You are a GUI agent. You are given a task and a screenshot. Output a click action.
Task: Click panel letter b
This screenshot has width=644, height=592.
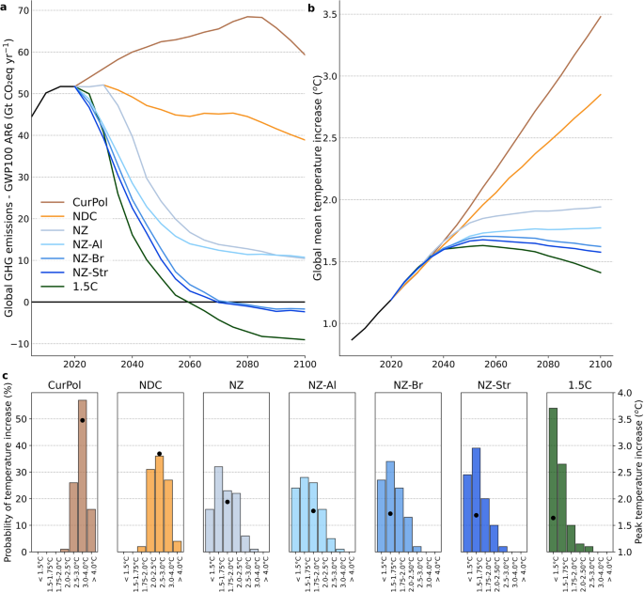312,8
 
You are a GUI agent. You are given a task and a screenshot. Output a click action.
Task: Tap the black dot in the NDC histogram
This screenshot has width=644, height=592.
160,454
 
